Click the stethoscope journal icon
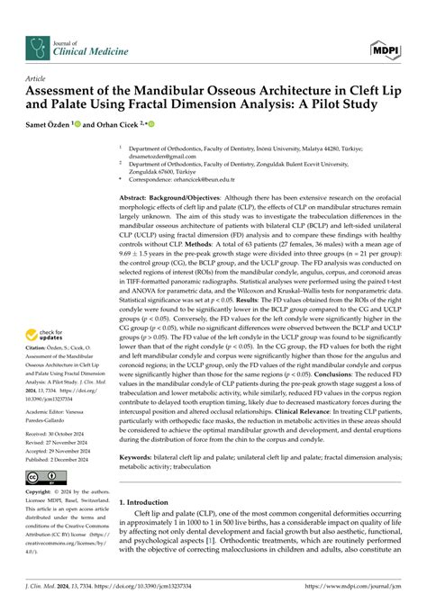pyautogui.click(x=39, y=47)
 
